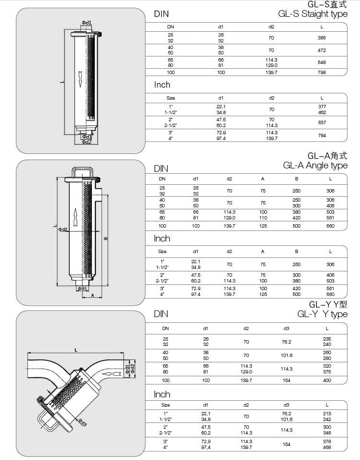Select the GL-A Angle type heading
[x=315, y=166]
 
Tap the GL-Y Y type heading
[x=322, y=314]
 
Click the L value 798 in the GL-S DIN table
[x=322, y=72]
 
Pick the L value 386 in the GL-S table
[x=322, y=37]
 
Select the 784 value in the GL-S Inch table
[x=322, y=136]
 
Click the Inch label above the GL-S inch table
[x=162, y=85]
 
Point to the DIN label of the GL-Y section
[x=161, y=314]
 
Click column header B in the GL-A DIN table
[x=296, y=179]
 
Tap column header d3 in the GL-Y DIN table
[x=286, y=328]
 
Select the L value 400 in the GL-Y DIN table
[x=327, y=380]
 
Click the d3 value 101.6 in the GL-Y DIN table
[x=286, y=356]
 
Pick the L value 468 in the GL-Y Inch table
[x=327, y=447]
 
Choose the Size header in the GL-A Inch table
[x=162, y=251]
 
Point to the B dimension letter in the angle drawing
[x=105, y=238]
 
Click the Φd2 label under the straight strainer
[x=86, y=142]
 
